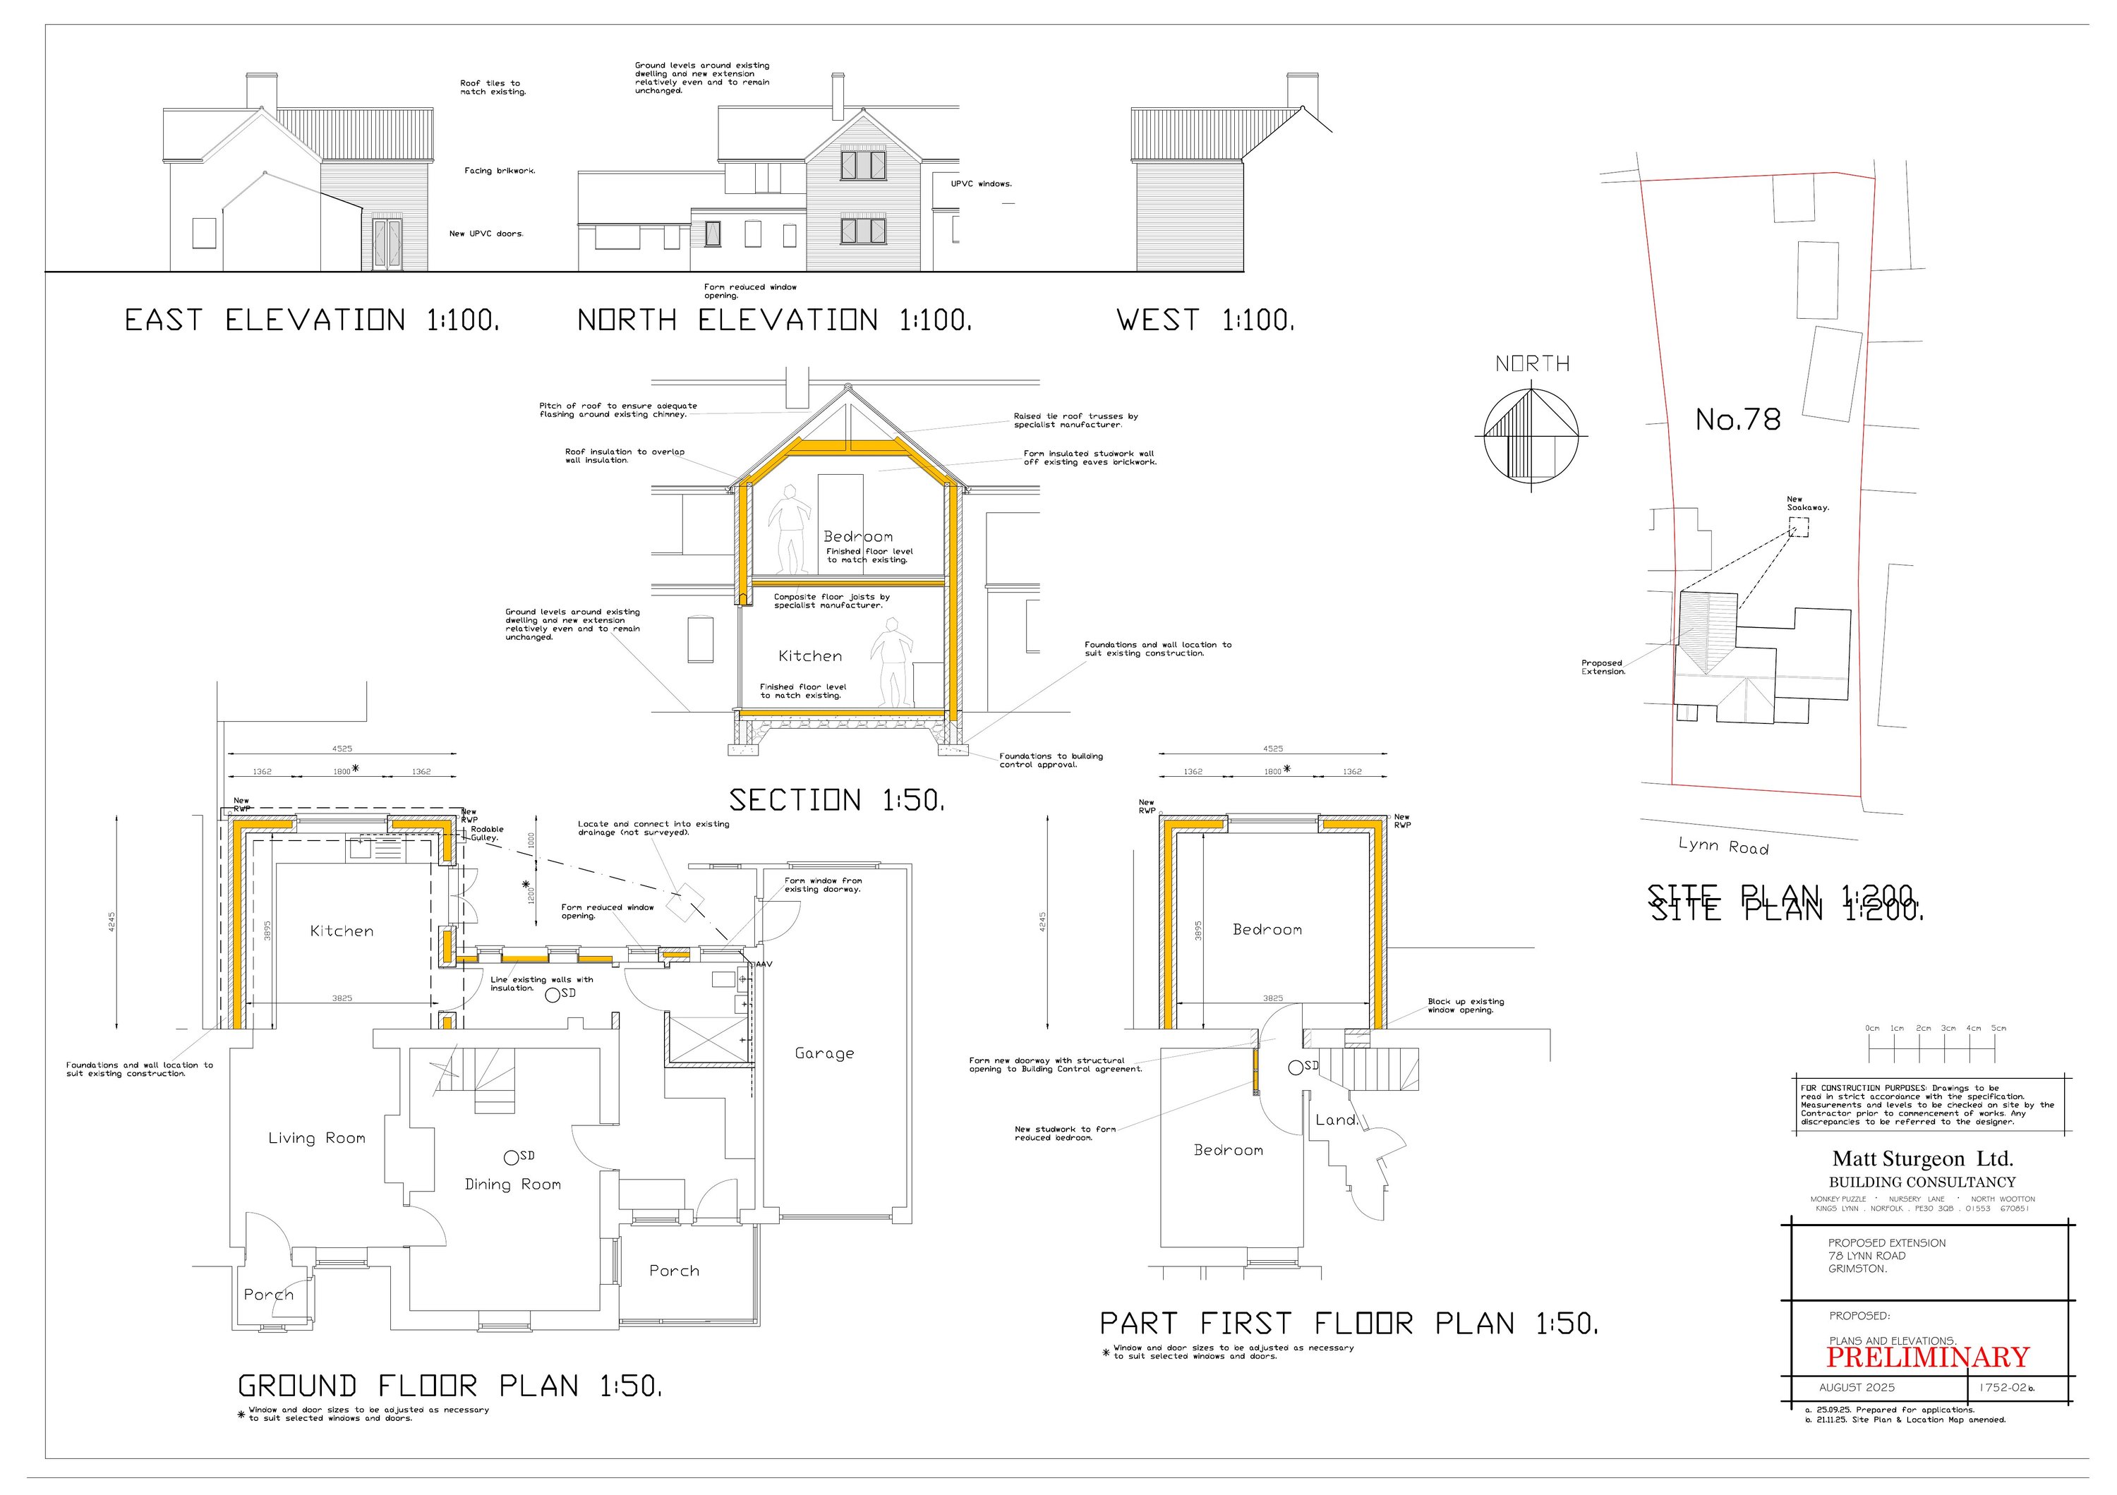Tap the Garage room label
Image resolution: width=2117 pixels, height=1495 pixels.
(x=824, y=1053)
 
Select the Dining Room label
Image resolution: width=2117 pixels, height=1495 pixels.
(x=512, y=1185)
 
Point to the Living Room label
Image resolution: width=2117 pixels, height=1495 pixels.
(x=316, y=1138)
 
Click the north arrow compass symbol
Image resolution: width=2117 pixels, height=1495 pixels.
(x=1531, y=434)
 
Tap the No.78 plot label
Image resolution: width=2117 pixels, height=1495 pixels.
(x=1737, y=420)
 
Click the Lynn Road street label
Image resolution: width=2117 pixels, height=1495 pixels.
(x=1723, y=846)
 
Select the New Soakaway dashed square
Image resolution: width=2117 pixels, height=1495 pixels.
(x=1798, y=527)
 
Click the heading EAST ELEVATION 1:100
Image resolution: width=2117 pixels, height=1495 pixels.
(x=312, y=321)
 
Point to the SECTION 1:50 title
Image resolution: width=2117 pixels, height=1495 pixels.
(x=836, y=800)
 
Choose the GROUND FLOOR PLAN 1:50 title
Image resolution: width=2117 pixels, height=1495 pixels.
(x=450, y=1386)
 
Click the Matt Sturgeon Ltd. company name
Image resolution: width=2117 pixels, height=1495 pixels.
(x=1922, y=1158)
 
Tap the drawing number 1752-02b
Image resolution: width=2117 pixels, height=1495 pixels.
(x=2008, y=1387)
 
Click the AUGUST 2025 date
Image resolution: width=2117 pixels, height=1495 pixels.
(x=1857, y=1387)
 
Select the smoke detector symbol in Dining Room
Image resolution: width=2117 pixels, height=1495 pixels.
(x=511, y=1157)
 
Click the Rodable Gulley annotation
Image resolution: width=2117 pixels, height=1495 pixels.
(x=486, y=833)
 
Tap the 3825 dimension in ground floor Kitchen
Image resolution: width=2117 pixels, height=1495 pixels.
(x=342, y=998)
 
